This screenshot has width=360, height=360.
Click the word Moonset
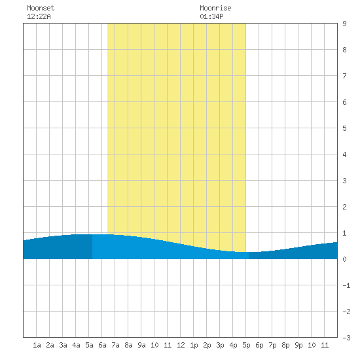point(41,8)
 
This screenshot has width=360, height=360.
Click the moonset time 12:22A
point(39,16)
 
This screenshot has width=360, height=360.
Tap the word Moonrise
point(215,8)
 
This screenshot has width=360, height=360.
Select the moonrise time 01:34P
point(211,16)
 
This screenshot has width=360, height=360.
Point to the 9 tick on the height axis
point(344,24)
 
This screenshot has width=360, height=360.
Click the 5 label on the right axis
point(344,128)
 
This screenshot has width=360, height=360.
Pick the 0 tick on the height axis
point(344,259)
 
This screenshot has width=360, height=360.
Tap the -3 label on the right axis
point(346,338)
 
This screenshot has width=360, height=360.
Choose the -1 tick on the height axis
point(346,285)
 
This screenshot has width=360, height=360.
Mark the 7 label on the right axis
point(344,76)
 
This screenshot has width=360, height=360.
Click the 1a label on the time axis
point(37,345)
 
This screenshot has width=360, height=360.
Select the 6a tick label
point(102,345)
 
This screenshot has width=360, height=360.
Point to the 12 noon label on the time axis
point(181,345)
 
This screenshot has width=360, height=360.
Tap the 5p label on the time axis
point(246,345)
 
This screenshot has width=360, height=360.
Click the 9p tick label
point(298,345)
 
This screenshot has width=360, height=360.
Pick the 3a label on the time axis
point(63,345)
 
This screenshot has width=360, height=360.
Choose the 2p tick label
point(207,345)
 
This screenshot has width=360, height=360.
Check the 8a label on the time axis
point(128,345)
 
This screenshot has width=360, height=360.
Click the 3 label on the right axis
point(344,181)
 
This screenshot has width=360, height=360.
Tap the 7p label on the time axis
point(272,345)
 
